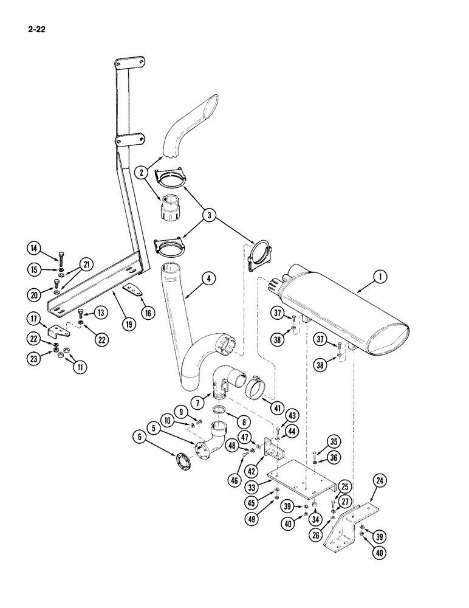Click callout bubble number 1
(x=380, y=278)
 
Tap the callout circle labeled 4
(x=208, y=279)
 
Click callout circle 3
(x=209, y=215)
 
